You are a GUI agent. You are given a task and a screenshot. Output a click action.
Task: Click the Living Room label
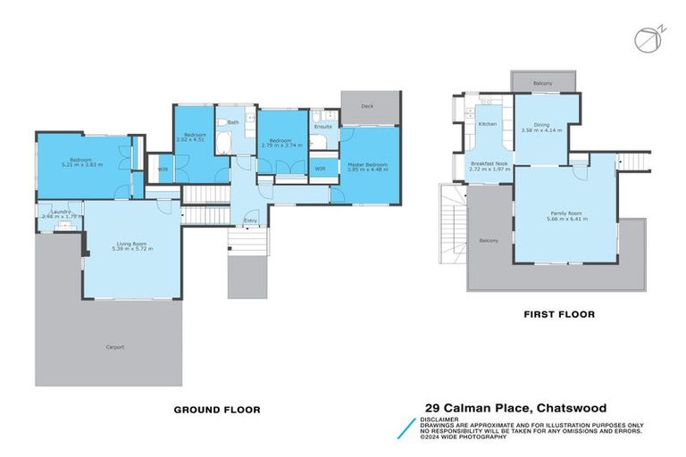pos(131,242)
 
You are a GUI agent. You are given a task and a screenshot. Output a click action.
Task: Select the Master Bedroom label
pos(368,164)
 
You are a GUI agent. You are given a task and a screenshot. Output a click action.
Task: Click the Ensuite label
pos(323,127)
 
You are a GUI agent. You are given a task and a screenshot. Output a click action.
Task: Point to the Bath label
pos(233,122)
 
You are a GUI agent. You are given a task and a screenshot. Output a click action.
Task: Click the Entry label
pos(251,221)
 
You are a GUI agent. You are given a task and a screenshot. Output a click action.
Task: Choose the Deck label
pos(367,105)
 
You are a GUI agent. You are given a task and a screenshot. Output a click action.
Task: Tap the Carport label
pos(114,346)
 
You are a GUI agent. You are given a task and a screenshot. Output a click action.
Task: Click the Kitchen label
pos(487,124)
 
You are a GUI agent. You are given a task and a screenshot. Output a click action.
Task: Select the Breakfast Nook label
pos(489,164)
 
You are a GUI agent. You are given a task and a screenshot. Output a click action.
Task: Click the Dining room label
pos(542,125)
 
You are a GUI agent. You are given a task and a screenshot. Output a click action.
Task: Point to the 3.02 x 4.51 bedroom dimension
pos(189,139)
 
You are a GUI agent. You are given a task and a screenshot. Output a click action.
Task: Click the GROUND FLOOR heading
pos(217,410)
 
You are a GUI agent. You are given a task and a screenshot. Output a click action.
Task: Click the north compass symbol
pos(644,39)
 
